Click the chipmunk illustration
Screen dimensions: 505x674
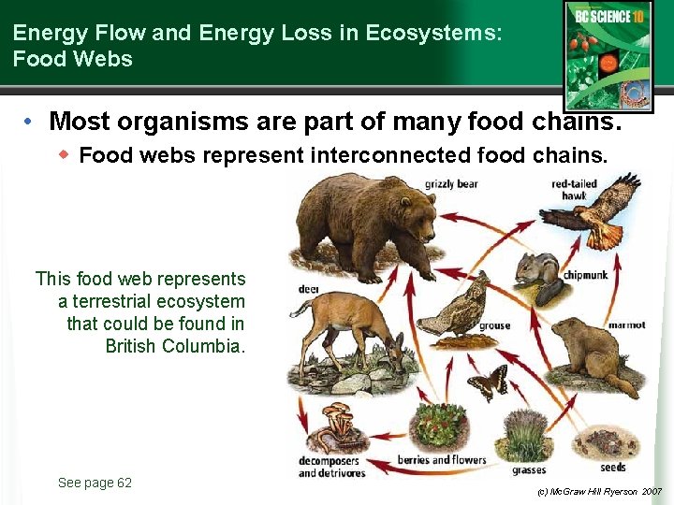[538, 276]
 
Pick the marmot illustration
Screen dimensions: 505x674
[590, 355]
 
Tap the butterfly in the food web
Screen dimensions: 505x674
[488, 382]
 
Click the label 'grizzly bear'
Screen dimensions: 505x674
[451, 184]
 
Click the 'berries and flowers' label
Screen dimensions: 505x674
[442, 460]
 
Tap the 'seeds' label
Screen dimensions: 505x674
[613, 467]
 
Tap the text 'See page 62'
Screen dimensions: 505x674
[95, 483]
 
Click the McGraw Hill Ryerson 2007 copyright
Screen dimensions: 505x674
[599, 492]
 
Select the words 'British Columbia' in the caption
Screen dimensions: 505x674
[175, 346]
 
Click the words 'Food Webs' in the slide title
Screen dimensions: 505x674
[73, 59]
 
